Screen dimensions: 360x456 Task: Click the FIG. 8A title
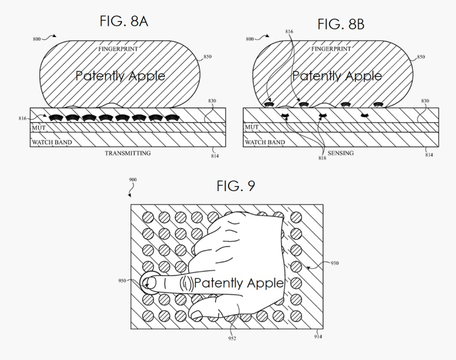click(x=124, y=22)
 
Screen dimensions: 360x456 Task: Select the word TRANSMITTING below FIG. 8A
click(x=127, y=153)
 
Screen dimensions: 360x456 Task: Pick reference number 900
click(x=132, y=180)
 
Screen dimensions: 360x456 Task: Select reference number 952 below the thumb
click(x=233, y=338)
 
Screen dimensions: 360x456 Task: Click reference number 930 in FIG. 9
click(x=334, y=264)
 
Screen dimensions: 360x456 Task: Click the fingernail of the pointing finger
click(x=150, y=282)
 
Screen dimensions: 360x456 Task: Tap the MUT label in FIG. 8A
click(x=38, y=127)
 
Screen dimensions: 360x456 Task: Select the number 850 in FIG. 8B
click(x=421, y=57)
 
